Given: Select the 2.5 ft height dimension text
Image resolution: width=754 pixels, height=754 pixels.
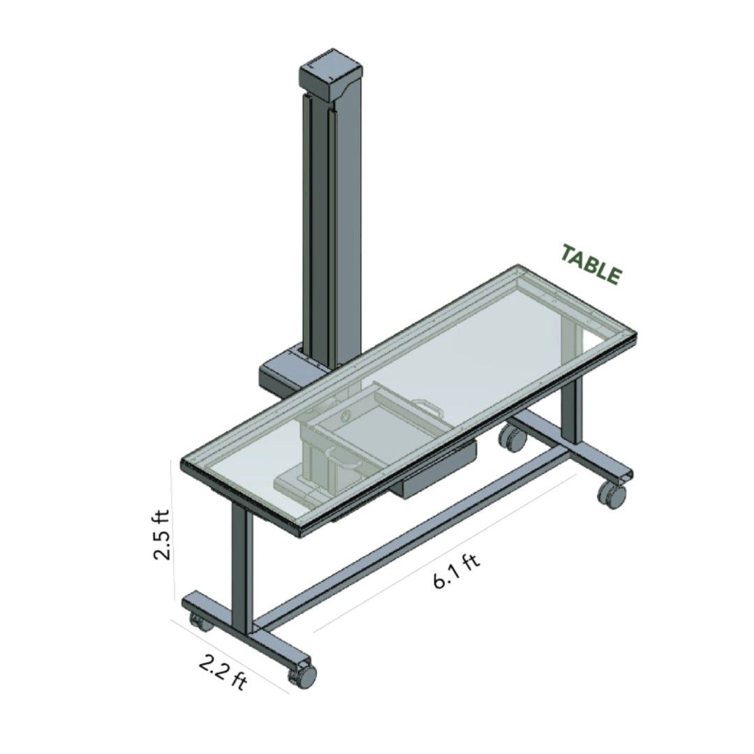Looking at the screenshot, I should [x=161, y=536].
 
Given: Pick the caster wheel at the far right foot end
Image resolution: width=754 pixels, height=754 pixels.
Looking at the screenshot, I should [x=612, y=495].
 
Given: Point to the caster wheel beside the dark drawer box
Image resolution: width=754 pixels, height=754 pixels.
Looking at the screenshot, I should [x=513, y=438].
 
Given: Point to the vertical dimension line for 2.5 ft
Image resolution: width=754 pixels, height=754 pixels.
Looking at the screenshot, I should [x=172, y=531].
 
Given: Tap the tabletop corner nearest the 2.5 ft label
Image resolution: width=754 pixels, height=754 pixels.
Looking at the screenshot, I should [x=184, y=465].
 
